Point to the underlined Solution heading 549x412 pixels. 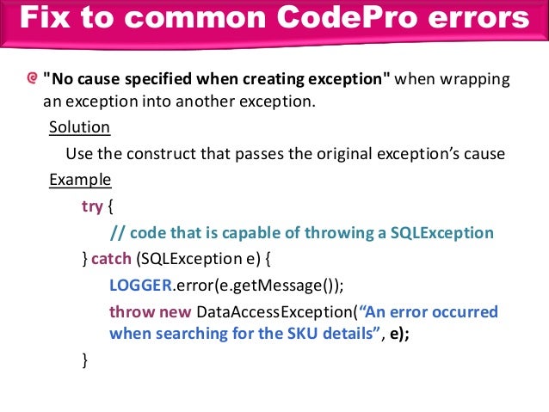click(x=79, y=127)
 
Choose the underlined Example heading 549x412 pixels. click(x=80, y=180)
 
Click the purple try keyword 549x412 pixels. click(x=91, y=206)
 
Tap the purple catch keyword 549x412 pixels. click(x=112, y=258)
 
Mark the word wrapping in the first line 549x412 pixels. click(x=473, y=81)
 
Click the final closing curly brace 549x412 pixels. click(x=84, y=360)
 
